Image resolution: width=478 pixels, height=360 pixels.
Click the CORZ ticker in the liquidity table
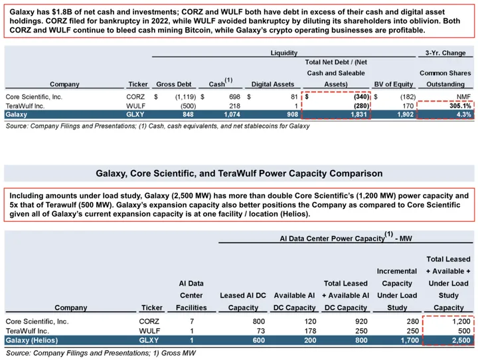pyautogui.click(x=135, y=96)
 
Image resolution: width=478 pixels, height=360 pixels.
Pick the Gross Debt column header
pyautogui.click(x=173, y=84)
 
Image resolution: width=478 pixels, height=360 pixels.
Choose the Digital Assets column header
pyautogui.click(x=272, y=84)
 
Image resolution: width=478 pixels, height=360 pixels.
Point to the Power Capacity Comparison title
pyautogui.click(x=239, y=173)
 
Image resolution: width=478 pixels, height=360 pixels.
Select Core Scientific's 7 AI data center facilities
pyautogui.click(x=191, y=321)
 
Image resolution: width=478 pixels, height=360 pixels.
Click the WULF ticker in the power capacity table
pyautogui.click(x=149, y=331)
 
